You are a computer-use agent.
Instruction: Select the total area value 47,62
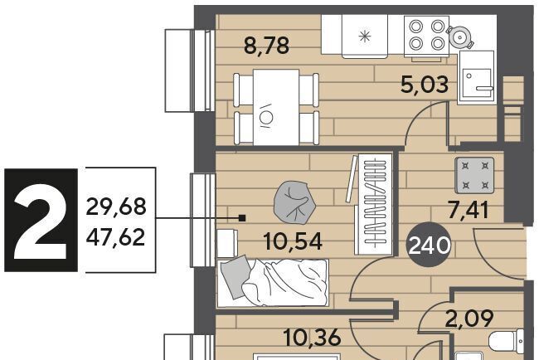point(116,237)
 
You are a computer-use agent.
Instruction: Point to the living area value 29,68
point(116,207)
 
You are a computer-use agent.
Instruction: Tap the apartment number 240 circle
point(429,246)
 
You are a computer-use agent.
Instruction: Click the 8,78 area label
point(266,46)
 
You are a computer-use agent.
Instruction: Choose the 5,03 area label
point(425,85)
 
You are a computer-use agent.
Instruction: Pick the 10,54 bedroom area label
point(293,241)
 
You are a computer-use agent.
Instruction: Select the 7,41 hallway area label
point(469,211)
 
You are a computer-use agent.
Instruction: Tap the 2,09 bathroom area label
point(469,319)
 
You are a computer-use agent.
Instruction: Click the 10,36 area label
point(313,338)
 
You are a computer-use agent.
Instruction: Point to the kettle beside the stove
point(460,36)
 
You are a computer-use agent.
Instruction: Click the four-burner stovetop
point(426,36)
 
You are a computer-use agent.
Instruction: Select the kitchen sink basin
point(477,83)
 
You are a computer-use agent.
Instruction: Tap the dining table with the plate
point(276,107)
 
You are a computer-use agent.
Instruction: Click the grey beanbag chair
point(294,203)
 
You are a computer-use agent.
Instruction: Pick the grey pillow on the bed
point(236,275)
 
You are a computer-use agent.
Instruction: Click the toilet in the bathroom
point(506,341)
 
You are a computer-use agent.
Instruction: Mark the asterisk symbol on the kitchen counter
point(365,36)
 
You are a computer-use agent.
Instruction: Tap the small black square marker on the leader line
point(242,217)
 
